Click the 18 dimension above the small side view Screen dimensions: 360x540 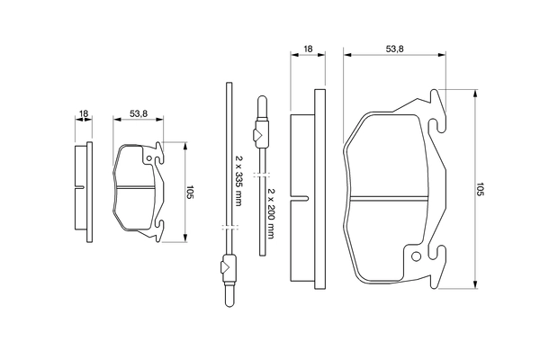[83, 114]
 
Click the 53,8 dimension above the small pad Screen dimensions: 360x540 [138, 114]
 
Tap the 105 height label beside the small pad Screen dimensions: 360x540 [190, 192]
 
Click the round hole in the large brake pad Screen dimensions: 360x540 [415, 256]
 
